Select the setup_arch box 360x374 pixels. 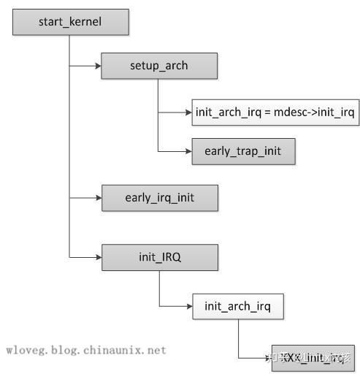(x=158, y=66)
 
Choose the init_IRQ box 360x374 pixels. (x=158, y=257)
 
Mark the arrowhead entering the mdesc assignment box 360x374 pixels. (x=188, y=112)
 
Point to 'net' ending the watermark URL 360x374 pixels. (x=156, y=350)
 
